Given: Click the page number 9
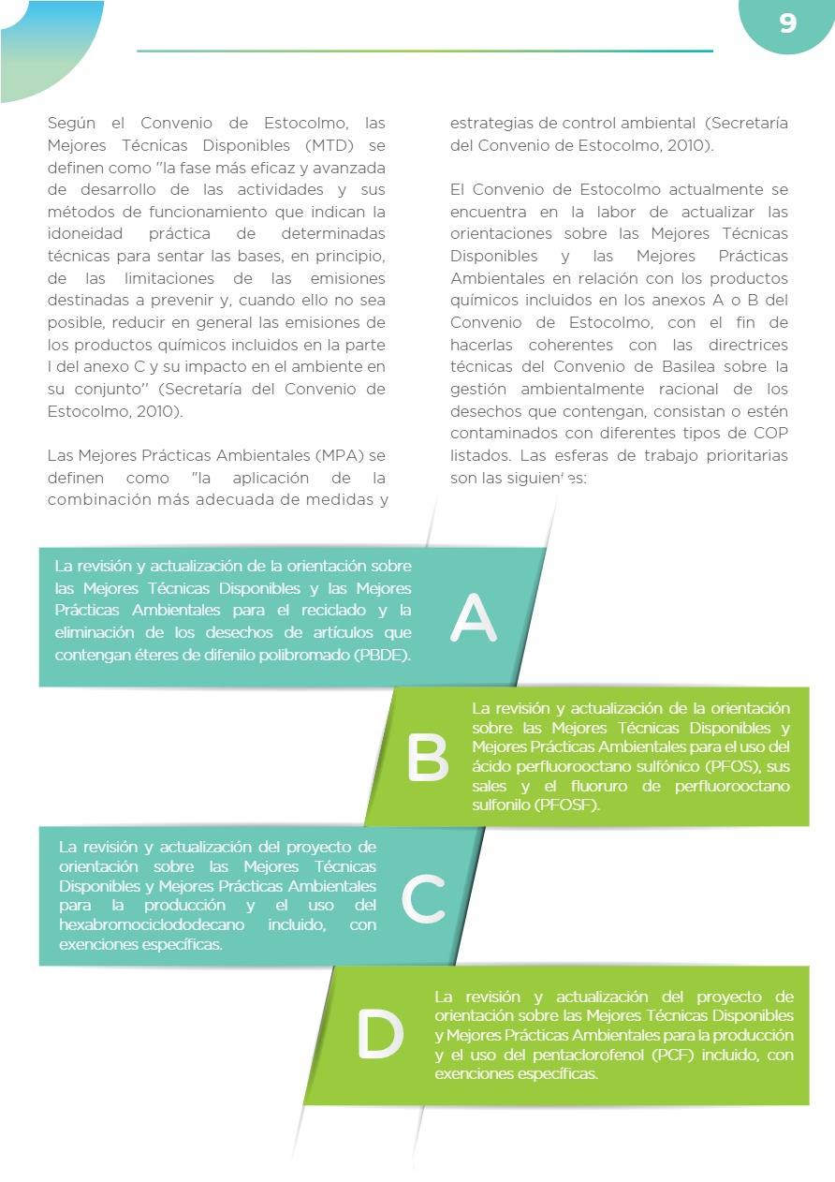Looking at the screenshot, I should click(787, 23).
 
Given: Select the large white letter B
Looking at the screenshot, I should click(428, 758).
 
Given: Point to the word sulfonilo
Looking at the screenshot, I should click(502, 805).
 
